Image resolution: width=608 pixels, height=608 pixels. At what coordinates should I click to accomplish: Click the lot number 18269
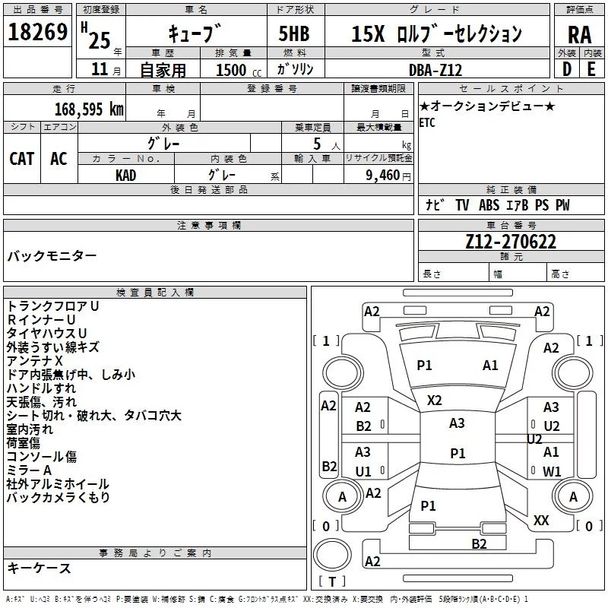37,32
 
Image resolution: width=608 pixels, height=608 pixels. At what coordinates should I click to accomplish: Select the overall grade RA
580,35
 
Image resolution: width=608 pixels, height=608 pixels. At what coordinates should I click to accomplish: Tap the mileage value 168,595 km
89,109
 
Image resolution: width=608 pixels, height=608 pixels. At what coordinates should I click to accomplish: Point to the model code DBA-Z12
435,70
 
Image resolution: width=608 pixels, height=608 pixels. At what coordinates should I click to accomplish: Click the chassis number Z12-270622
511,242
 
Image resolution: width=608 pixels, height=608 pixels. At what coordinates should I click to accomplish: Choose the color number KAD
126,176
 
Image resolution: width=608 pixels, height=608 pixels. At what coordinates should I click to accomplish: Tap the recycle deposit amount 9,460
383,176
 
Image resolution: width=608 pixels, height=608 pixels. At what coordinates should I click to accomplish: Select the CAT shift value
22,159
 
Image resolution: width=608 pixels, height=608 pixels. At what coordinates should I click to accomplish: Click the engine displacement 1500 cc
239,70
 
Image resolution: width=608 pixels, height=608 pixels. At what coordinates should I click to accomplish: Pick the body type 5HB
294,33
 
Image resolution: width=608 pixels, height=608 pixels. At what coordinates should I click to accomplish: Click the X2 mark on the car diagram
434,401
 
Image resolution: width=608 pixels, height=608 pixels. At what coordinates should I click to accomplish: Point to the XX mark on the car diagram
541,520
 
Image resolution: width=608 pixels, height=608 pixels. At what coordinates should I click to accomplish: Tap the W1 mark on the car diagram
552,471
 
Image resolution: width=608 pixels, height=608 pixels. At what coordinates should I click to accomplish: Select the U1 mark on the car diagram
363,471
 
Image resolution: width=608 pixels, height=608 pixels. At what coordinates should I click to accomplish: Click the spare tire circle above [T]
332,555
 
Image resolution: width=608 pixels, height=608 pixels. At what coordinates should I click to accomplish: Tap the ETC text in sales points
427,122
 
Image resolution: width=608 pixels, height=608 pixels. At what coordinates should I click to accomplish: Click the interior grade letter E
591,69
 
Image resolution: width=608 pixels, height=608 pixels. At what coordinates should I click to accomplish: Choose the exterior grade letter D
567,69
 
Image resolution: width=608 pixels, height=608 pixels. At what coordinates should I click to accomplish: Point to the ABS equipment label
489,205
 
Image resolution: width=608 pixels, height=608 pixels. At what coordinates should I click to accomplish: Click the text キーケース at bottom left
40,568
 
